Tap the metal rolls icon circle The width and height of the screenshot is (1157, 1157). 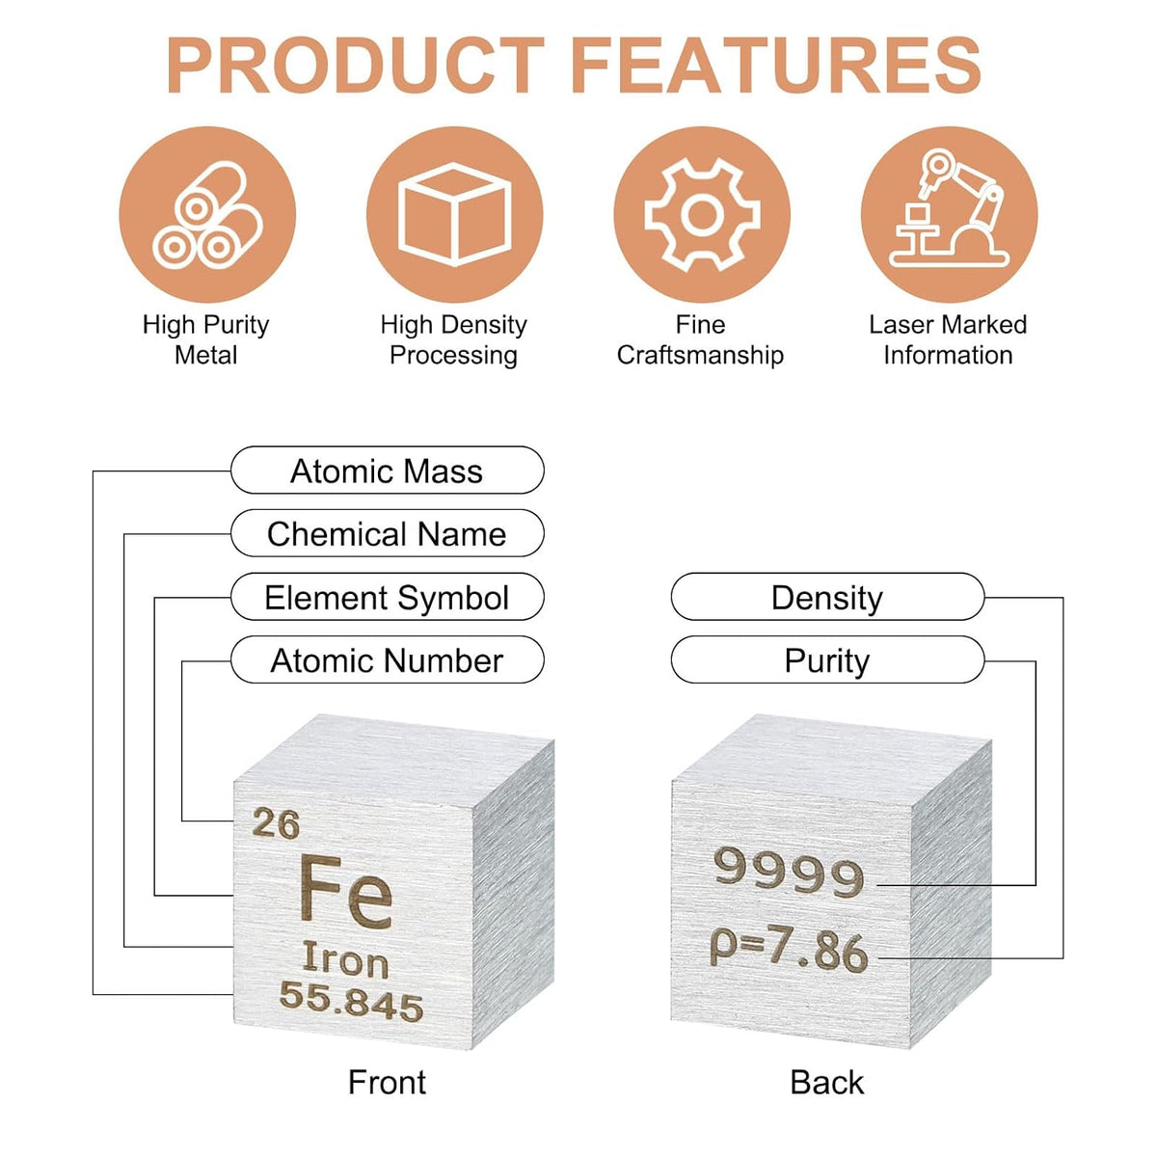pos(207,214)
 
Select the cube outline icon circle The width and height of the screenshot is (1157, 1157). pos(454,214)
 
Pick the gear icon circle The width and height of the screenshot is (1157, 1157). pos(702,214)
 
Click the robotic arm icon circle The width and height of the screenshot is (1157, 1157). pos(950,214)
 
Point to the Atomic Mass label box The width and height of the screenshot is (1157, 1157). pos(388,471)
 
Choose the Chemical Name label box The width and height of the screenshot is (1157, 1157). pos(388,533)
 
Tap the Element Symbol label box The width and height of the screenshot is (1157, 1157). pos(388,597)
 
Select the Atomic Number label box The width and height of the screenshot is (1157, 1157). pos(388,659)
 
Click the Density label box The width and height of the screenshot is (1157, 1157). pos(827,597)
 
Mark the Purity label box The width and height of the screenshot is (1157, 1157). pos(827,659)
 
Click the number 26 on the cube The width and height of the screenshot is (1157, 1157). pos(276,823)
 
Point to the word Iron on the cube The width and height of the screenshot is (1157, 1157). pos(345,958)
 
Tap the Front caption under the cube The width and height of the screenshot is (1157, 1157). pos(388,1083)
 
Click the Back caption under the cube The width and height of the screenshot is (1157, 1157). pos(827,1083)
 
